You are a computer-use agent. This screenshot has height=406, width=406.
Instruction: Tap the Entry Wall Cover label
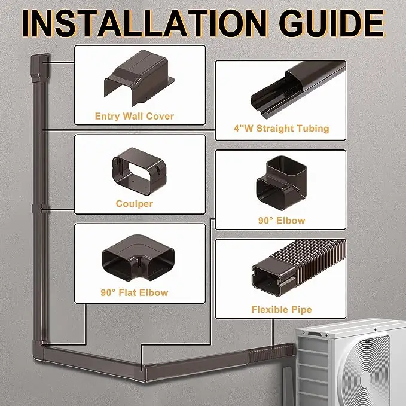click(x=135, y=116)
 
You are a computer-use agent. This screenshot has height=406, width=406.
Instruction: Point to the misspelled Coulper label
click(x=134, y=204)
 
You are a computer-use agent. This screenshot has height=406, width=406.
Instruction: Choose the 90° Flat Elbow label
click(x=135, y=293)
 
